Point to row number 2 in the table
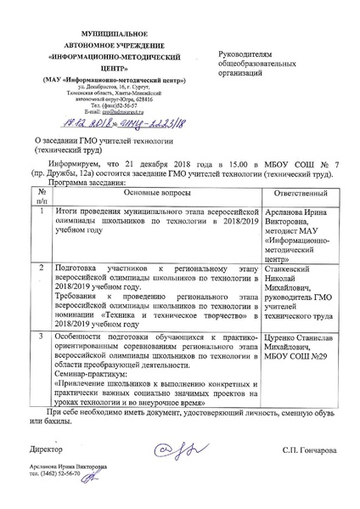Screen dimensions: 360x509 point(40,268)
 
